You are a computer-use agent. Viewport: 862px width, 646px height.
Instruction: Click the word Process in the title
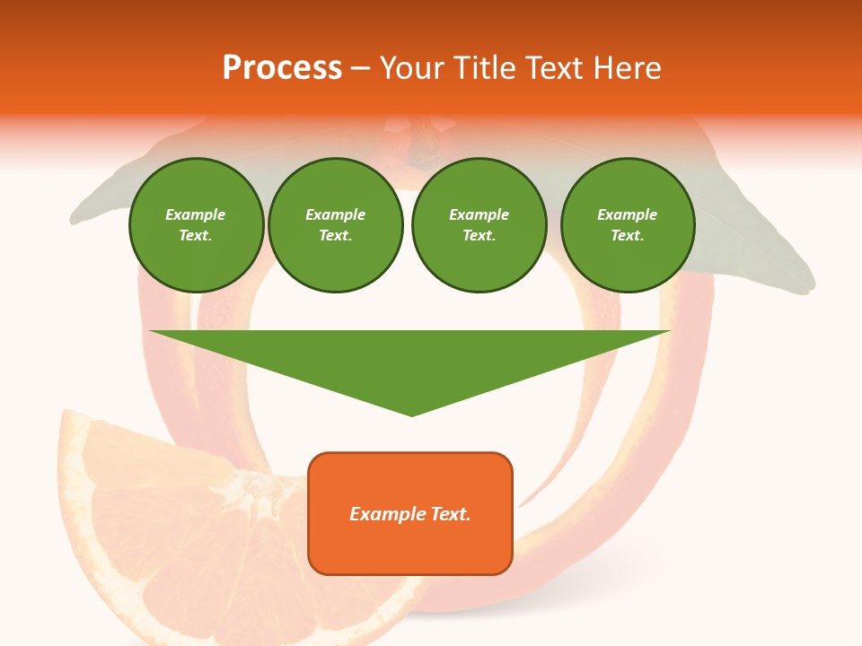tap(282, 68)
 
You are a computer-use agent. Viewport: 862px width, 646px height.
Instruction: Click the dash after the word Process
tap(360, 69)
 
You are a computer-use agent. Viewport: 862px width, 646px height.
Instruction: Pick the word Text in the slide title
tap(553, 68)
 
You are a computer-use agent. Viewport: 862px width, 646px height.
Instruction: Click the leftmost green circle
tap(196, 225)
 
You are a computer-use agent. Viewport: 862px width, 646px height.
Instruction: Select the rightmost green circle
tap(628, 225)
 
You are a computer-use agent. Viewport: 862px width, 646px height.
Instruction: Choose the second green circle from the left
tap(336, 225)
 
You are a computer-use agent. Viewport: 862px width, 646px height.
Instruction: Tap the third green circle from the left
tap(479, 225)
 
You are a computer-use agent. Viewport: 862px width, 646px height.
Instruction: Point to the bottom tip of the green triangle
tap(411, 414)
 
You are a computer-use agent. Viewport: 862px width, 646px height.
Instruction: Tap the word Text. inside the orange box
tap(450, 514)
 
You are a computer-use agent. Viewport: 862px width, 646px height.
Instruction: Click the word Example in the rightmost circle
tap(628, 214)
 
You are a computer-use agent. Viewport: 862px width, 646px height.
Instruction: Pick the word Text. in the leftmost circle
tap(196, 236)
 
